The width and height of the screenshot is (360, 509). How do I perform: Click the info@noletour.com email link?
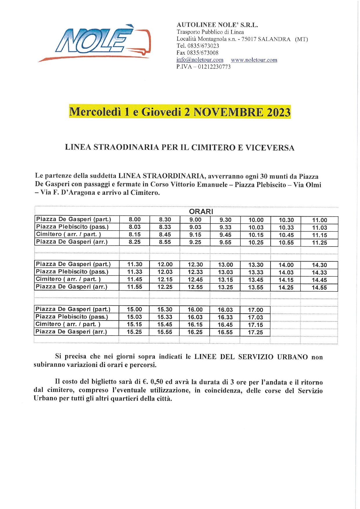coord(200,60)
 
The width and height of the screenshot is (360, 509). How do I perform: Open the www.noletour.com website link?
coord(254,60)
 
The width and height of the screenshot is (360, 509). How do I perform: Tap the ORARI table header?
coord(201,211)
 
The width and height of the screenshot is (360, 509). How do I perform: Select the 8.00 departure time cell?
coord(134,220)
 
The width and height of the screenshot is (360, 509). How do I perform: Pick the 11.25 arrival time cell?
coord(319,243)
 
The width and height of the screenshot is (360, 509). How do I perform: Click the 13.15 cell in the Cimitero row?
coord(225,280)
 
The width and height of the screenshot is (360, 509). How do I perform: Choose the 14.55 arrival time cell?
coord(319,288)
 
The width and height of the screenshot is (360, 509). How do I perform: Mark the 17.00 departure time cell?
coord(255,310)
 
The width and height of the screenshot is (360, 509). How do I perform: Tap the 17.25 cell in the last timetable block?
coord(255,332)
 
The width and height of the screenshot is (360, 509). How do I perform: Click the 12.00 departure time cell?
coord(165,265)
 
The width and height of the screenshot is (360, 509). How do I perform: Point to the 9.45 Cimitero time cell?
coord(225,235)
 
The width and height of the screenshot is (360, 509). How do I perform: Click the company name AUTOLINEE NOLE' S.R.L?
coord(217,25)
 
